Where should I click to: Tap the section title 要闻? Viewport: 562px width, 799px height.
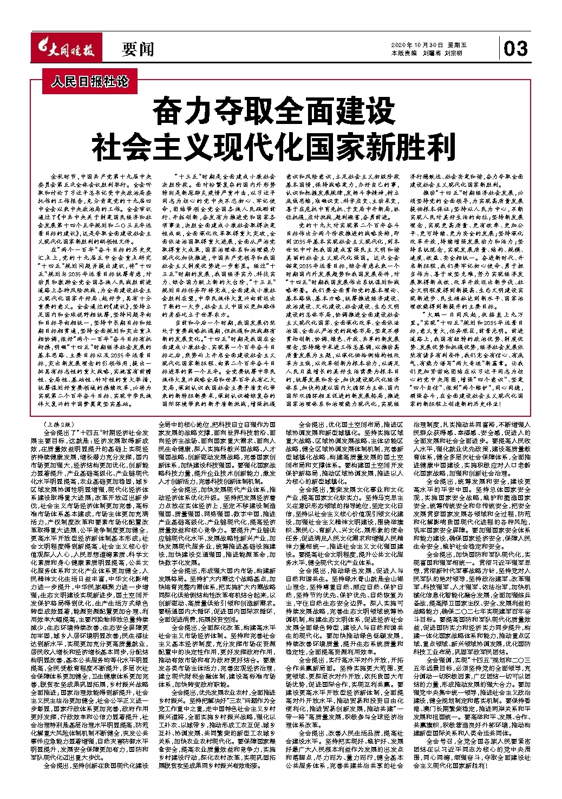(138, 50)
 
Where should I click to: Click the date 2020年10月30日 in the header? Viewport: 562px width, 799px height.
(417, 45)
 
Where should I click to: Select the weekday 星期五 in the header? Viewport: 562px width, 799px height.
(456, 45)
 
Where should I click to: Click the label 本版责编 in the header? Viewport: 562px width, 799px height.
(403, 53)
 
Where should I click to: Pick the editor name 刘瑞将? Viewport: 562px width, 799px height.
(431, 53)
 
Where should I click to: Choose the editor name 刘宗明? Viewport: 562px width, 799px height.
(453, 53)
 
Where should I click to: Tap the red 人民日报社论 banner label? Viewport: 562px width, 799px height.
(90, 82)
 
